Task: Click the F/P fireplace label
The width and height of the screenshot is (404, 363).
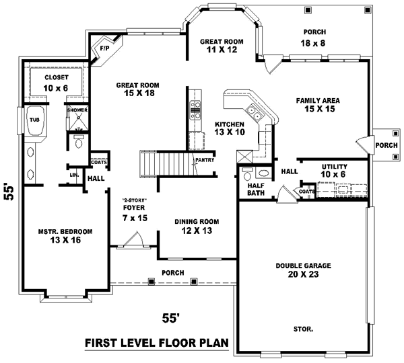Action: tap(104, 49)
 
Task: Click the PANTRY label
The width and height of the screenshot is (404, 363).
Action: tap(204, 160)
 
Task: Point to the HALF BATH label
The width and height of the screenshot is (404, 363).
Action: tap(256, 190)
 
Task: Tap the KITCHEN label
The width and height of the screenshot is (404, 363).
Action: tap(230, 125)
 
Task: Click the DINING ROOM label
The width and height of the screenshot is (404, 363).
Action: tap(197, 221)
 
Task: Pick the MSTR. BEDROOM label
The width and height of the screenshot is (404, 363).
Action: tap(65, 231)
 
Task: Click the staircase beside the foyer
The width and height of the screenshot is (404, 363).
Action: tap(164, 161)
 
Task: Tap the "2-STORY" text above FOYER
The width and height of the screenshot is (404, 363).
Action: tap(134, 200)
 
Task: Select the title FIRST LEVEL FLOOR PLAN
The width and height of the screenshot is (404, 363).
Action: tap(156, 344)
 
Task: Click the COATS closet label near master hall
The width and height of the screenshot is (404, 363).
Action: tap(98, 161)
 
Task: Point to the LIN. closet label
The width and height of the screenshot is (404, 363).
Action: tap(74, 176)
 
